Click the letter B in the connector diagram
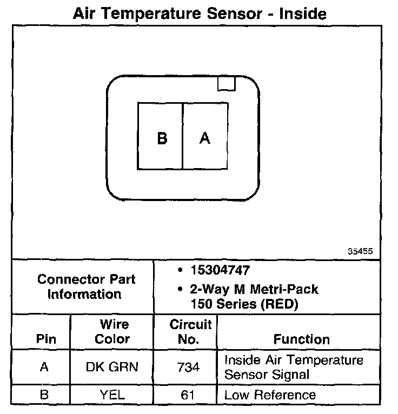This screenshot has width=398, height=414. pos(162,138)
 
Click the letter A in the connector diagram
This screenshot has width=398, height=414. pos(204,138)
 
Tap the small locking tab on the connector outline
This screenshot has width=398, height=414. pos(226,83)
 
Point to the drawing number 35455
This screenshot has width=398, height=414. pos(360,251)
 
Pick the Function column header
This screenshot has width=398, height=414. pos(301,339)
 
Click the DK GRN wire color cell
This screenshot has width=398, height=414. pos(112,367)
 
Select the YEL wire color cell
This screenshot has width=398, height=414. pos(112,395)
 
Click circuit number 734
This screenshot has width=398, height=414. pos(189,367)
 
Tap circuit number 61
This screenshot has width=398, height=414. pos(189,395)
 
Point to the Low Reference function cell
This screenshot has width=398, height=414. pos(270,395)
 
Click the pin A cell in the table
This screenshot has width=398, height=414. pos(45,367)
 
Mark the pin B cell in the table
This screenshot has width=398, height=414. pos(45,395)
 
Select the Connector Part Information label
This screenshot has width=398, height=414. pos(86,287)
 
